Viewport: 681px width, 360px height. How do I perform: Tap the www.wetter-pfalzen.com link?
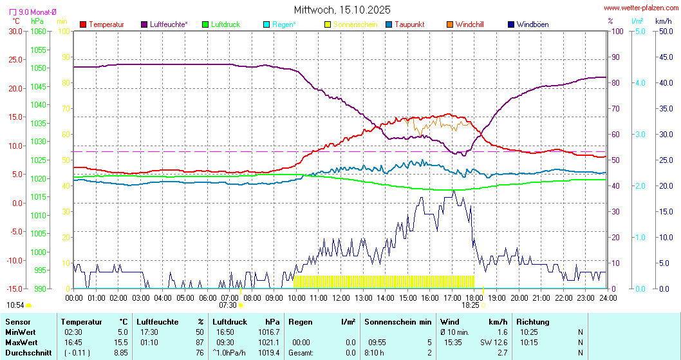click(640, 8)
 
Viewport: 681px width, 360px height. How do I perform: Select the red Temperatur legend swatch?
click(83, 24)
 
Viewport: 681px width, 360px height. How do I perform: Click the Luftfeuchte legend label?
click(169, 24)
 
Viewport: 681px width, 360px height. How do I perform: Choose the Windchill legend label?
click(469, 24)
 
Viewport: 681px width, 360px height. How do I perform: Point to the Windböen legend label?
click(532, 24)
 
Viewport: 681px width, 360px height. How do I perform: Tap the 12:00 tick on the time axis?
click(341, 298)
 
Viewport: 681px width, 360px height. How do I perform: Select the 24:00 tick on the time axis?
click(608, 298)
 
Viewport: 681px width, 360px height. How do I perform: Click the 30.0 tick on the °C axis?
click(12, 31)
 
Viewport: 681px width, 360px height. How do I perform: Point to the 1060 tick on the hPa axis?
click(39, 31)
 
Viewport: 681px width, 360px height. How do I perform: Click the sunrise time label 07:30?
click(228, 305)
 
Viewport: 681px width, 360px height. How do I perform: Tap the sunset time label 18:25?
click(471, 305)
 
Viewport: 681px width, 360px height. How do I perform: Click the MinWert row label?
click(20, 332)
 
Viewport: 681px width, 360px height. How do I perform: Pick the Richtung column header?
click(532, 321)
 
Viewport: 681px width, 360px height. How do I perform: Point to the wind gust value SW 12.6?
click(494, 342)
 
